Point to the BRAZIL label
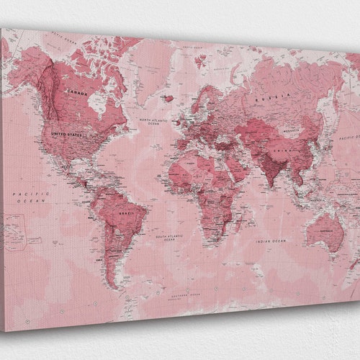coord(128,214)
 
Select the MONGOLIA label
coord(291,130)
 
